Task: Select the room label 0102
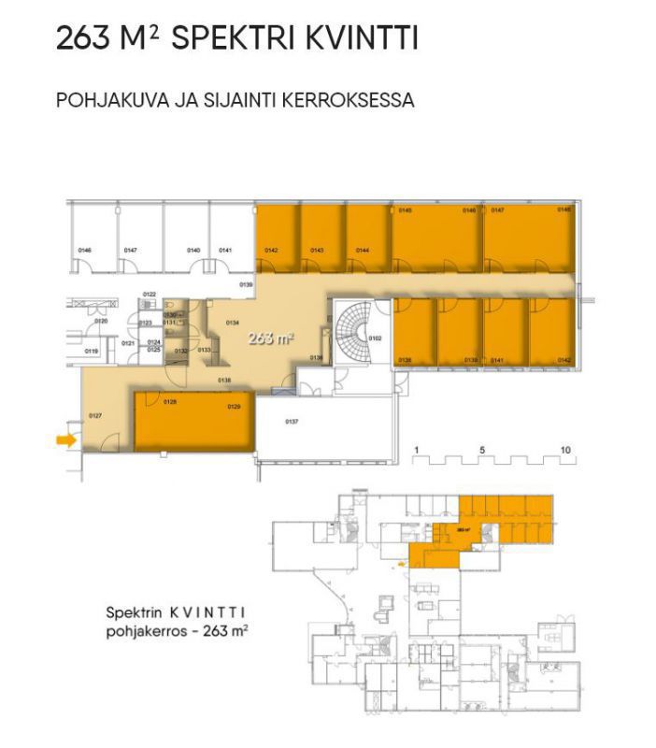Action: pyautogui.click(x=376, y=338)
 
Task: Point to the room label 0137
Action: pyautogui.click(x=292, y=422)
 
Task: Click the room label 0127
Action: pyautogui.click(x=94, y=414)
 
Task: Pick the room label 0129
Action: pyautogui.click(x=234, y=407)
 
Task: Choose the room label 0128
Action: pyautogui.click(x=170, y=402)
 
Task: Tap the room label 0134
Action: pyautogui.click(x=233, y=323)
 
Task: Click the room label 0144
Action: pyautogui.click(x=363, y=251)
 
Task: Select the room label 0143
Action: pyautogui.click(x=317, y=251)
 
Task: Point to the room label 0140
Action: pyautogui.click(x=193, y=251)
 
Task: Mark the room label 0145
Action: pyautogui.click(x=405, y=210)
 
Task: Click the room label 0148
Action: pyautogui.click(x=563, y=210)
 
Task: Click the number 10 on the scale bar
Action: pyautogui.click(x=565, y=450)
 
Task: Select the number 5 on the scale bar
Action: pyautogui.click(x=483, y=450)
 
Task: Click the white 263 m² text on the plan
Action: pyautogui.click(x=270, y=338)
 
